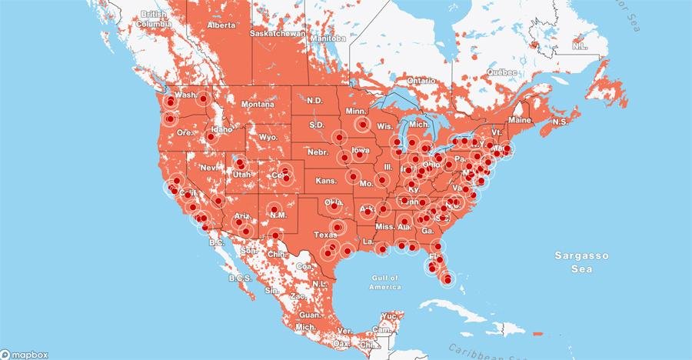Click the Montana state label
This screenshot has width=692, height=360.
(x=257, y=104)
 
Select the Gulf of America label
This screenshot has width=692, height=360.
(x=384, y=282)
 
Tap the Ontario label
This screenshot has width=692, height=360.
(x=421, y=80)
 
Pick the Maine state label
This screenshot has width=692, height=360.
(x=520, y=120)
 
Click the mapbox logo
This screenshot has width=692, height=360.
(x=25, y=354)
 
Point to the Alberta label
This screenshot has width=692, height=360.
(x=221, y=25)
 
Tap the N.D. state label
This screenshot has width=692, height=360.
(x=314, y=101)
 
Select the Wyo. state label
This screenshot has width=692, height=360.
(x=268, y=137)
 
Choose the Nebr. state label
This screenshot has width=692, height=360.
(x=318, y=153)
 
